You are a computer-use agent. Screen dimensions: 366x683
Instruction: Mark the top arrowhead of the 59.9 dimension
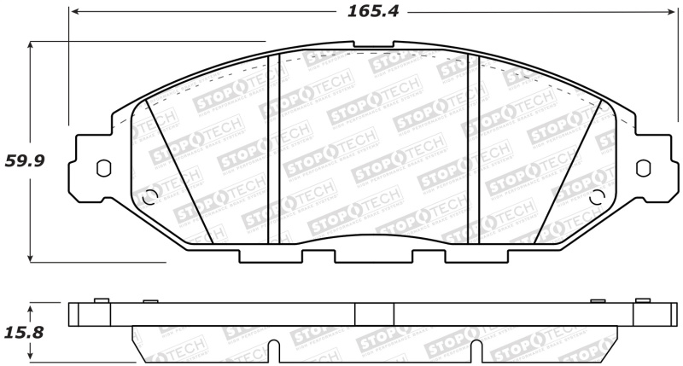pyautogui.click(x=32, y=45)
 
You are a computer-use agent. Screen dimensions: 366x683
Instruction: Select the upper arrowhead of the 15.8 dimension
pyautogui.click(x=32, y=305)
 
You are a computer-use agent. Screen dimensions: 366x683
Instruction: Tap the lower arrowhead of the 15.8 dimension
pyautogui.click(x=32, y=358)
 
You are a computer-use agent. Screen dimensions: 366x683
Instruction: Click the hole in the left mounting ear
pyautogui.click(x=102, y=167)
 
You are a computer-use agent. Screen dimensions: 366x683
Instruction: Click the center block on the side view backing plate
pyautogui.click(x=374, y=314)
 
